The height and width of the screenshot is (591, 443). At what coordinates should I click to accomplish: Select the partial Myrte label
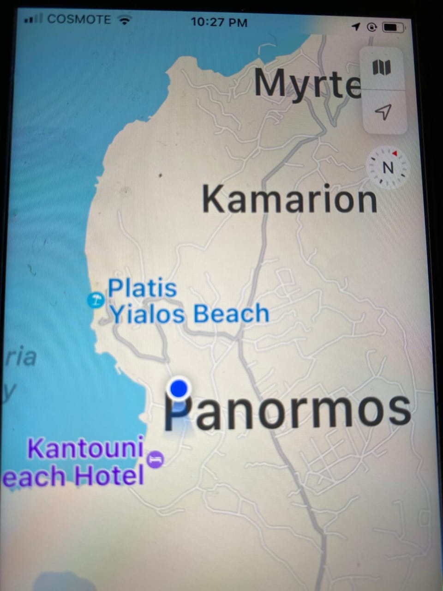click(x=306, y=84)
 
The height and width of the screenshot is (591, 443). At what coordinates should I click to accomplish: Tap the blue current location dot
click(x=179, y=388)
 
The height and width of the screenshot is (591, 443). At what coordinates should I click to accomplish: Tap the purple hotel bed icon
click(x=156, y=460)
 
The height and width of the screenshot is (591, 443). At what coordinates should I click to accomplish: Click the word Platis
click(x=142, y=288)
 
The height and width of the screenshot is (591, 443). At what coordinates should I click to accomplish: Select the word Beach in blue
click(x=231, y=313)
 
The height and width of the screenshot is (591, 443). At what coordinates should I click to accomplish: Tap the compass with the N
click(x=388, y=167)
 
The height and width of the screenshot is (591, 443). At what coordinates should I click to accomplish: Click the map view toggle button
click(x=382, y=67)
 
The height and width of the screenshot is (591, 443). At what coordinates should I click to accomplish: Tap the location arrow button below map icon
click(x=383, y=111)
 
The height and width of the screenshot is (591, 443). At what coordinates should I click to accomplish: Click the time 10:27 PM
click(x=219, y=22)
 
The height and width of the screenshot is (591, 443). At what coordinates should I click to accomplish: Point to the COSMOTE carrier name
click(x=79, y=19)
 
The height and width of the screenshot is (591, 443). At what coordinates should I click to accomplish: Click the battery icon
click(x=393, y=27)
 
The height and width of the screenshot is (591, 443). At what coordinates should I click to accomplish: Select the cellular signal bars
click(x=33, y=20)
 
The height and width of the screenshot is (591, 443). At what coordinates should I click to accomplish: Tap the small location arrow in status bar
click(x=355, y=27)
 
